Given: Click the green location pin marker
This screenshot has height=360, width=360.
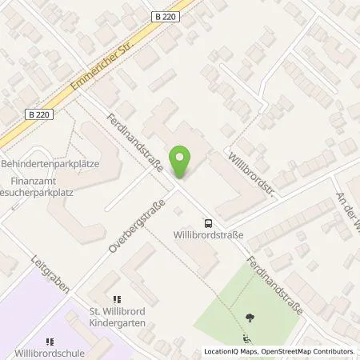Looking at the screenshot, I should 182,162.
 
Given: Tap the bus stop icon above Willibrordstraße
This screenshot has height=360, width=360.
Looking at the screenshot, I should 208,223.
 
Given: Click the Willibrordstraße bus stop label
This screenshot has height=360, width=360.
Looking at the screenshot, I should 208,235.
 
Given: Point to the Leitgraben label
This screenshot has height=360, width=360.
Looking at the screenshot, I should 46,274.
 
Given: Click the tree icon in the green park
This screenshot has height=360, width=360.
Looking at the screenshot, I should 250,317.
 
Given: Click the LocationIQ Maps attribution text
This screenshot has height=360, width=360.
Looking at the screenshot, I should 230,351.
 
